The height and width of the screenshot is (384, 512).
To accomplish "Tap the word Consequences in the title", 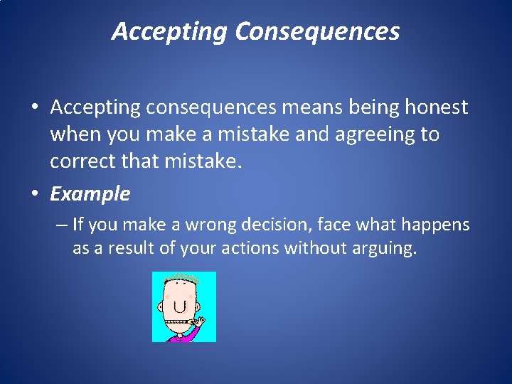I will (317, 32).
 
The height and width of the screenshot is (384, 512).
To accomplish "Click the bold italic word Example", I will (90, 193).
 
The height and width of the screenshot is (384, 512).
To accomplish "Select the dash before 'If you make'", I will (61, 225).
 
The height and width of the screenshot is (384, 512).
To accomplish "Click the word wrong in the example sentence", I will (210, 225).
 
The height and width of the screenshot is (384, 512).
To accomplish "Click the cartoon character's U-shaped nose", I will (180, 306).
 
